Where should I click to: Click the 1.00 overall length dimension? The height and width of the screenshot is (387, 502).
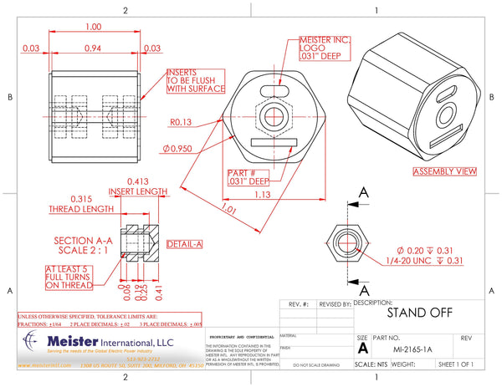pyautogui.click(x=94, y=28)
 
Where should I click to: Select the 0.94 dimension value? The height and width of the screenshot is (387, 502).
pyautogui.click(x=94, y=48)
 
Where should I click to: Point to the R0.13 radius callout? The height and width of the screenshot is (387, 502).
pyautogui.click(x=182, y=122)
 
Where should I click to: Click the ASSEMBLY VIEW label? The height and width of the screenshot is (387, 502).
pyautogui.click(x=444, y=171)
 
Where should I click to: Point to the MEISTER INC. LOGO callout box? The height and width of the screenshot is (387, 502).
pyautogui.click(x=325, y=48)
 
